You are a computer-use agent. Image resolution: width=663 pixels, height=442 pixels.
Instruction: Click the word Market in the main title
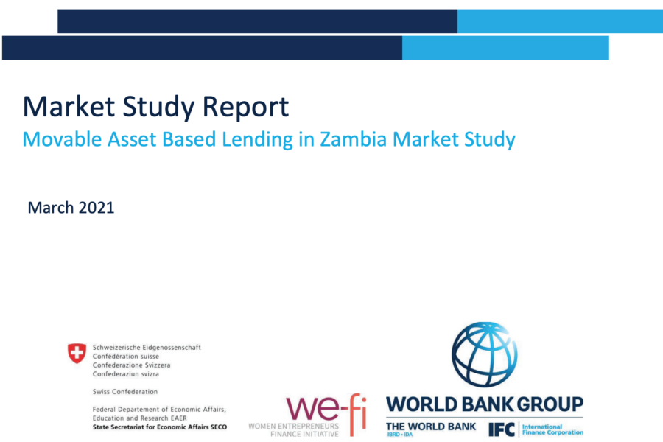pos(69,106)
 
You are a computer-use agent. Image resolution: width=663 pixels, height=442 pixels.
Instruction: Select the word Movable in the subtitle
pos(62,139)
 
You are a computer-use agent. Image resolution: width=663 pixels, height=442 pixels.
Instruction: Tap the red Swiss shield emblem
pos(77,353)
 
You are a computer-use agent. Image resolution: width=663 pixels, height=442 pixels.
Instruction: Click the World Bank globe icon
pos(485,354)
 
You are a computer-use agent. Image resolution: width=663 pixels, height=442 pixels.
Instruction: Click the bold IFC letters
pos(502,429)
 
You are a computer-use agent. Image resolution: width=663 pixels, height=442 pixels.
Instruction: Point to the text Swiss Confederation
pos(125,392)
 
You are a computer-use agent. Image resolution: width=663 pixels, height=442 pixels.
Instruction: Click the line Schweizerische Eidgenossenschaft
pos(147,348)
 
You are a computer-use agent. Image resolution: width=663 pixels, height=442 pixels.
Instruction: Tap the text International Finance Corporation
pos(552,429)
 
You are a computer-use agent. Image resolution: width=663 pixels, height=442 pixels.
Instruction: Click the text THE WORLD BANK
pos(431,427)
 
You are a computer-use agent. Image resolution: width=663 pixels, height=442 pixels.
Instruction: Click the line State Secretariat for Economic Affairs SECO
pos(160,427)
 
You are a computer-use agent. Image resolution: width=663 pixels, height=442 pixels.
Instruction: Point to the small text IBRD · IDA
pos(399,435)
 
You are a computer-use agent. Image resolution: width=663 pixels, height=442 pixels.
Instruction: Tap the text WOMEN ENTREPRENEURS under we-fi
pos(294,426)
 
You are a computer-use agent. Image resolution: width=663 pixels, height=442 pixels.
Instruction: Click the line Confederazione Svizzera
pos(132,365)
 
